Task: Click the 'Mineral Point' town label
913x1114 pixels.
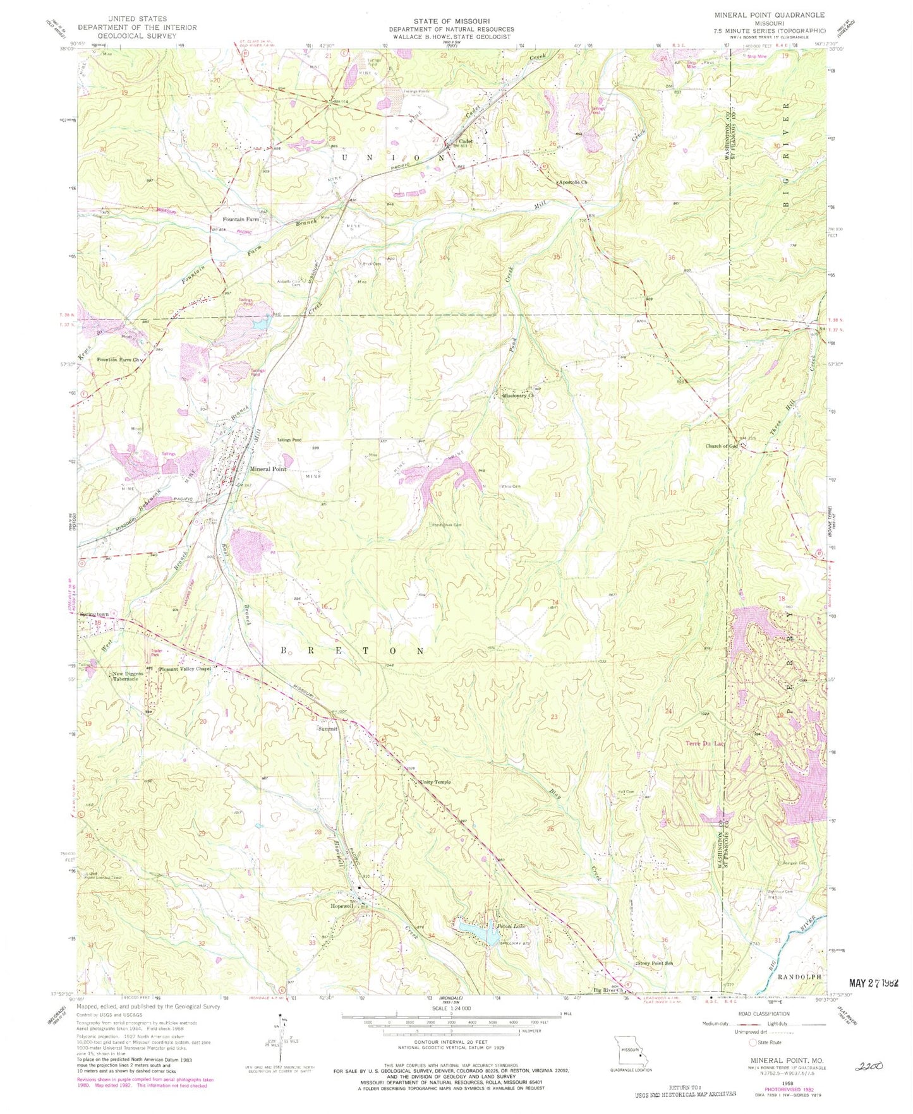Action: point(268,469)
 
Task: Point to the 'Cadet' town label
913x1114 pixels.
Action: point(466,141)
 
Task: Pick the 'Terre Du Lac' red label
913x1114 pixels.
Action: point(705,744)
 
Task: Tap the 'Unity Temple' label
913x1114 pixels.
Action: point(435,782)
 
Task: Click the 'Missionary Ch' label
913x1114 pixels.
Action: point(518,396)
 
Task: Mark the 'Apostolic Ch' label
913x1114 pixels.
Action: point(572,183)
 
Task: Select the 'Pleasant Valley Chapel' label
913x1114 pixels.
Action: point(184,669)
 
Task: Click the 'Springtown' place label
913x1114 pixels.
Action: point(95,614)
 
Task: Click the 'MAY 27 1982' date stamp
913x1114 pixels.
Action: point(873,983)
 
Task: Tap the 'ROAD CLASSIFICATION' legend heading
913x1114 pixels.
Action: point(763,1014)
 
